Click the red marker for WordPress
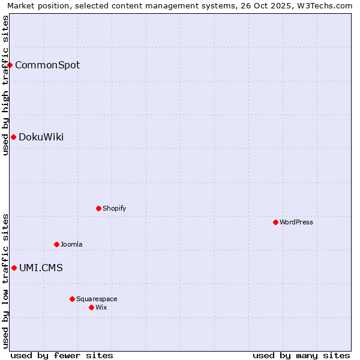(275, 222)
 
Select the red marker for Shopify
(98, 208)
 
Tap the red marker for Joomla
(56, 244)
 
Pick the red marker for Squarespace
(72, 299)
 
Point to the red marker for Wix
(91, 307)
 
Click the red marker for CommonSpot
(10, 65)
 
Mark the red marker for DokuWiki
(13, 137)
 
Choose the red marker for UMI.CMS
(14, 268)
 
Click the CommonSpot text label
(47, 65)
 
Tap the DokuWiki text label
(41, 137)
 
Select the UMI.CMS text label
(41, 268)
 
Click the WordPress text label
(296, 222)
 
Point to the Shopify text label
(114, 208)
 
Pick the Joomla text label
(71, 244)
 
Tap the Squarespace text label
(97, 299)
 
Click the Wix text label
(101, 307)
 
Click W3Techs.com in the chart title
(322, 5)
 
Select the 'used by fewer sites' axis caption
(62, 355)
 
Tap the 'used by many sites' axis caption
(301, 355)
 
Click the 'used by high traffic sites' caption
(5, 85)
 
